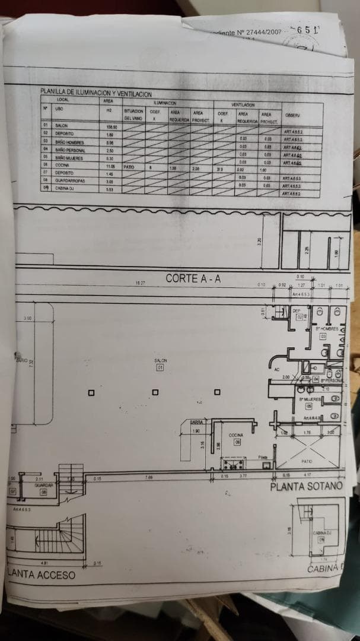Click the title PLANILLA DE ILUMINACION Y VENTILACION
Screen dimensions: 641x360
(x=95, y=93)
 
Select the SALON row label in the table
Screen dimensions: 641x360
(x=62, y=126)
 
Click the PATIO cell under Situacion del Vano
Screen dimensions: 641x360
(x=129, y=167)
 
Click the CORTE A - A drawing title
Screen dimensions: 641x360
(x=193, y=278)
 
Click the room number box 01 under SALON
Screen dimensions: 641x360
(x=160, y=368)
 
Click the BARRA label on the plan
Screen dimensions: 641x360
(x=196, y=422)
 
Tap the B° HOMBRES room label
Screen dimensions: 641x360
(x=326, y=328)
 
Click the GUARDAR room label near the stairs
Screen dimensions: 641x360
(x=44, y=485)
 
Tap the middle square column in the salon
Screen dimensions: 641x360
(x=172, y=392)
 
